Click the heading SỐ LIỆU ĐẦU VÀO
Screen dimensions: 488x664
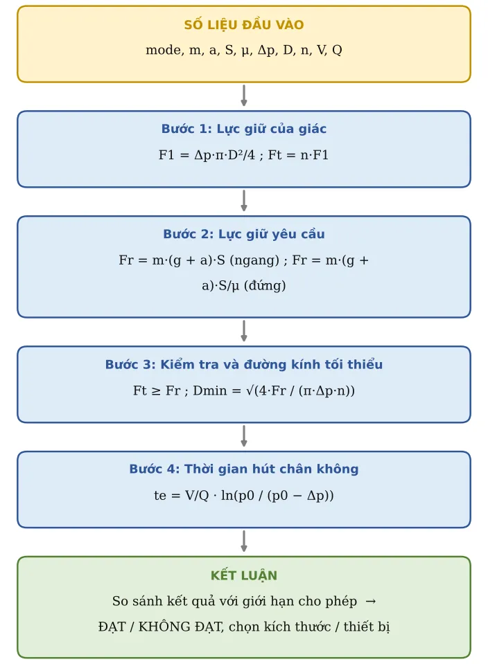(244, 24)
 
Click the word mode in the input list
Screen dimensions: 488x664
(164, 50)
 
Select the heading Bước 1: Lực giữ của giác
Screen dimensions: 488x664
(244, 129)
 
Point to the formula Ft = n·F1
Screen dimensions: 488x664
(298, 155)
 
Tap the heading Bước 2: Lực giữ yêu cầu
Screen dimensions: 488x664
(244, 234)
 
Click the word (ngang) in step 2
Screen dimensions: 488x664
(254, 260)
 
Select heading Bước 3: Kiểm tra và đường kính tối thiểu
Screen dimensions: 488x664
(244, 364)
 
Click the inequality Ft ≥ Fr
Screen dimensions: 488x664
(157, 391)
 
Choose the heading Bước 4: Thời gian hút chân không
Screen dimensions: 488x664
(244, 469)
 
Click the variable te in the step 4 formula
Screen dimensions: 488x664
(160, 496)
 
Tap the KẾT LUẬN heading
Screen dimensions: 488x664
(244, 575)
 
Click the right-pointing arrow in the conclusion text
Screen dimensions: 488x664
(371, 601)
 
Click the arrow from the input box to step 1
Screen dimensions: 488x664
(244, 96)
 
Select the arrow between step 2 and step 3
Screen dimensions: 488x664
(244, 331)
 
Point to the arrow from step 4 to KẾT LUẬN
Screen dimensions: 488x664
(244, 541)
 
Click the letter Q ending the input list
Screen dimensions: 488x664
(337, 50)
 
